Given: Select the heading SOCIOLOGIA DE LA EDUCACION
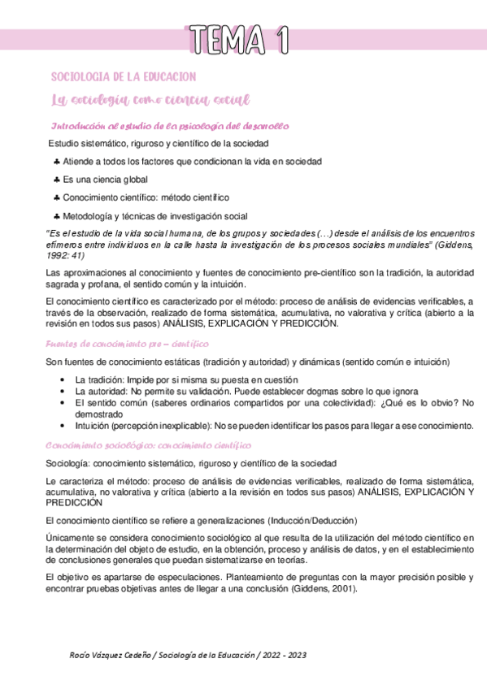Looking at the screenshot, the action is [x=124, y=76].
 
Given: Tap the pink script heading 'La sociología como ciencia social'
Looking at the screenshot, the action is [x=150, y=100].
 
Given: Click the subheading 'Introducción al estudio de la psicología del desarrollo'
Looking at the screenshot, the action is [x=170, y=126].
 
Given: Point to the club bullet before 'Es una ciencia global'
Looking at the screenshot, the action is [x=56, y=180].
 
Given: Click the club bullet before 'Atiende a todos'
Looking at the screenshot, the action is [x=56, y=162].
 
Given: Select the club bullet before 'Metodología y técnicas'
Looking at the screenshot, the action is [x=56, y=216].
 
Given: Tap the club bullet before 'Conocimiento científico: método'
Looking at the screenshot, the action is [x=56, y=197].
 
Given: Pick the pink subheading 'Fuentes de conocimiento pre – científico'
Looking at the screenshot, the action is [x=117, y=344].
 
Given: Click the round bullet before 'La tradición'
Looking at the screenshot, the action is [x=63, y=379].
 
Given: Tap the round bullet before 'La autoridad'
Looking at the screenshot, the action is [x=63, y=391].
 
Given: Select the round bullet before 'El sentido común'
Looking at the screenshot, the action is [x=63, y=402].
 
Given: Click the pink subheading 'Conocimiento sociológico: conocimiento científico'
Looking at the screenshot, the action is [x=149, y=446].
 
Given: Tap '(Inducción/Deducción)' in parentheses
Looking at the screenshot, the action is [x=311, y=520].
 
